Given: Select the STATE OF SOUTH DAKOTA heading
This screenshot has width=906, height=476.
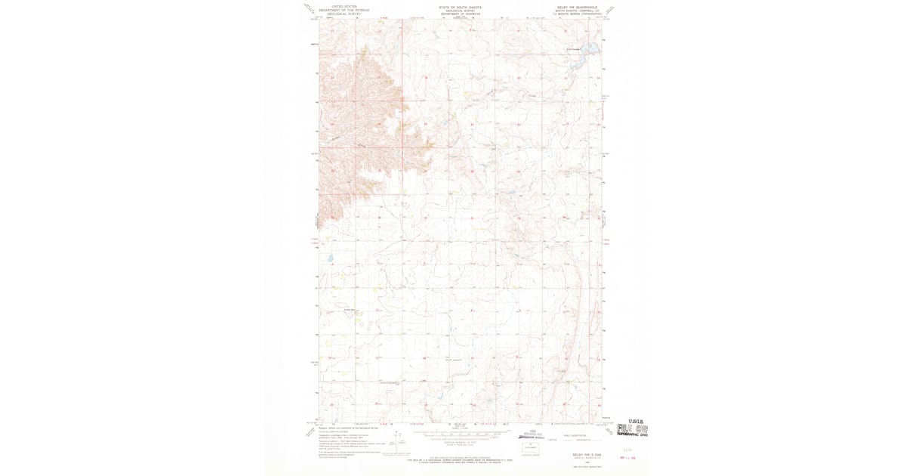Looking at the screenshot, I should click(x=460, y=6).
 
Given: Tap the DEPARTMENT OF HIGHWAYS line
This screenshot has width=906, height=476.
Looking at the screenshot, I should click(x=460, y=14).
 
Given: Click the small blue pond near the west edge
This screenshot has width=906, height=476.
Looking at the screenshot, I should click(x=331, y=259).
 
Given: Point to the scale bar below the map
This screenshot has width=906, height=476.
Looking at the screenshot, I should click(x=460, y=434).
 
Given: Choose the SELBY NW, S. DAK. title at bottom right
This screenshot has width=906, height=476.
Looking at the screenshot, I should click(x=578, y=454).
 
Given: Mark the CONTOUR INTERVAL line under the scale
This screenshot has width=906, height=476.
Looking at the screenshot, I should click(x=460, y=441).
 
